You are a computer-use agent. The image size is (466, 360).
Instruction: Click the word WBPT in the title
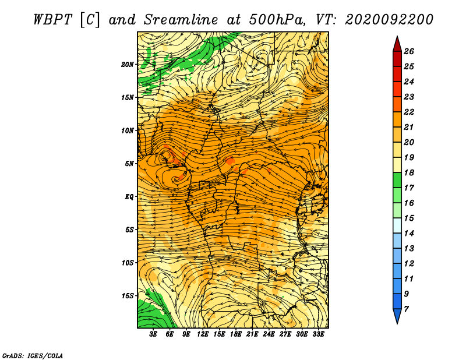coord(53,20)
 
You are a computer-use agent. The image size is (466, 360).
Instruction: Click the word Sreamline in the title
coord(181,20)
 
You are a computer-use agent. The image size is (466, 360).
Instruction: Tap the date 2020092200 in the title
coord(389,20)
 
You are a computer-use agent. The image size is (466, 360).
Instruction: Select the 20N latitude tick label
coord(128,64)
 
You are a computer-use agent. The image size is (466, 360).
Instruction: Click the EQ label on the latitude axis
coord(129,197)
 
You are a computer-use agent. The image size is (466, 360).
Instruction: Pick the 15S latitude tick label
coord(128,296)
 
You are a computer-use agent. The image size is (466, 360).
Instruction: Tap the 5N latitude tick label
coord(129,164)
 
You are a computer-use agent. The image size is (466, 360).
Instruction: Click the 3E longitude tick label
coord(153,334)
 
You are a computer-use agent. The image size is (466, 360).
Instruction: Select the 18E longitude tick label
coord(236,334)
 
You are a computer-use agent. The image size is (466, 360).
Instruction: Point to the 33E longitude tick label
coord(318,334)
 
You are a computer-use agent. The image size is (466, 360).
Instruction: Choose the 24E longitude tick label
coord(269,334)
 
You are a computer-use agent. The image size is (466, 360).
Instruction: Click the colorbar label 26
coord(409,51)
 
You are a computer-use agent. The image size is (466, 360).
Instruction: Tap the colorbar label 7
coord(406,309)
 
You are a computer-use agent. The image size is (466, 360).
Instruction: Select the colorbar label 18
coord(409,172)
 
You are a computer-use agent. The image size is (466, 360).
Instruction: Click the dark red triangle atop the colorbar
coord(397,45)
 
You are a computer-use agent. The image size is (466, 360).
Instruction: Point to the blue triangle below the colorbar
coord(397,316)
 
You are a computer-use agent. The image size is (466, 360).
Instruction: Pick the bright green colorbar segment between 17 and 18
coord(397,180)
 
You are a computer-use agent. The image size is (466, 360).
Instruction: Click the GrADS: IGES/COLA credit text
coord(33,355)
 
